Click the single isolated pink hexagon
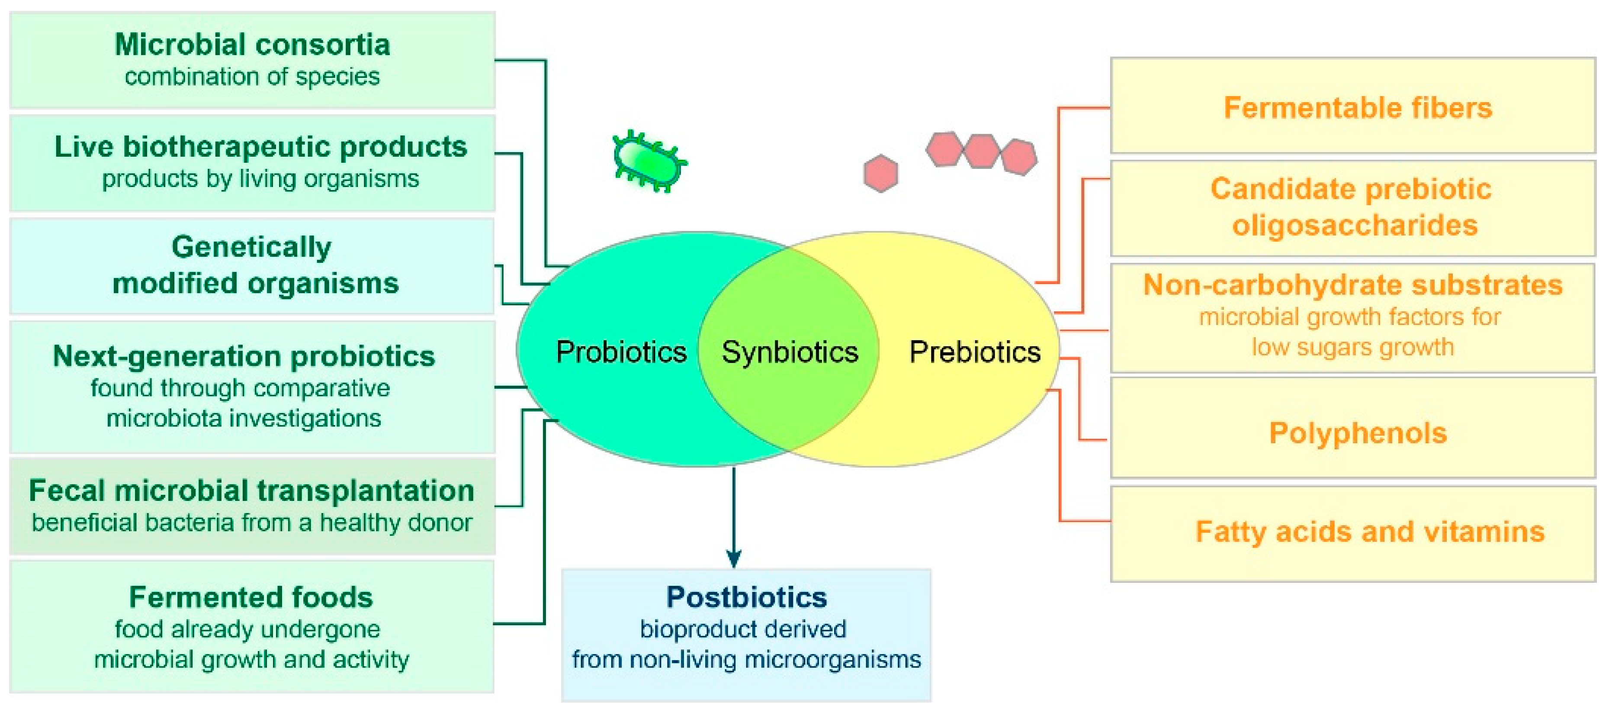pyautogui.click(x=881, y=173)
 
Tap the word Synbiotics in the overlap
pyautogui.click(x=790, y=352)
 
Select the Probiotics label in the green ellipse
pyautogui.click(x=621, y=352)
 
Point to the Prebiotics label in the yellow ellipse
pyautogui.click(x=974, y=352)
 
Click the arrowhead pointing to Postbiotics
pyautogui.click(x=734, y=558)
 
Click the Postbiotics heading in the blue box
pyautogui.click(x=746, y=597)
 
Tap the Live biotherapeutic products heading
pyautogui.click(x=260, y=147)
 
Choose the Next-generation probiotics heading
pyautogui.click(x=244, y=356)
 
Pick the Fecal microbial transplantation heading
pyautogui.click(x=252, y=490)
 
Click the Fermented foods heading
pyautogui.click(x=251, y=597)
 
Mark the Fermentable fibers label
pyautogui.click(x=1357, y=107)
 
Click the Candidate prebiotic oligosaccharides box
pyautogui.click(x=1353, y=207)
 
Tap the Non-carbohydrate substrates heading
pyautogui.click(x=1353, y=285)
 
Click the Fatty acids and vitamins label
pyautogui.click(x=1370, y=532)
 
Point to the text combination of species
pyautogui.click(x=252, y=77)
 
